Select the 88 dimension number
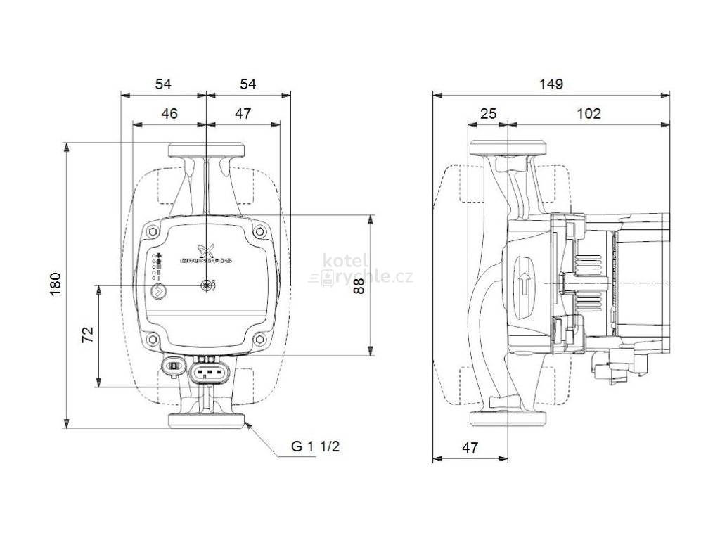[x=360, y=285]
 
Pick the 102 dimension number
[x=589, y=113]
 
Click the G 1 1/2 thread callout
[x=320, y=446]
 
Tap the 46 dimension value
[x=169, y=113]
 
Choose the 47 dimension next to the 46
[x=243, y=113]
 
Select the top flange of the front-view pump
[x=206, y=150]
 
